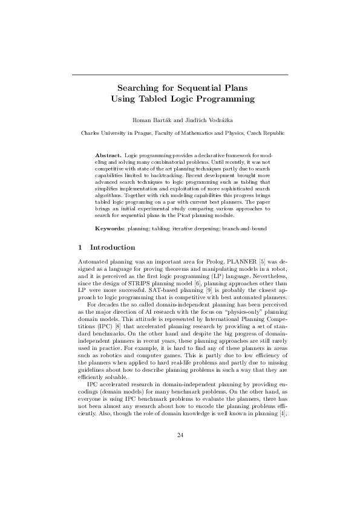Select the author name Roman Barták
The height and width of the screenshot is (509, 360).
pyautogui.click(x=151, y=118)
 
